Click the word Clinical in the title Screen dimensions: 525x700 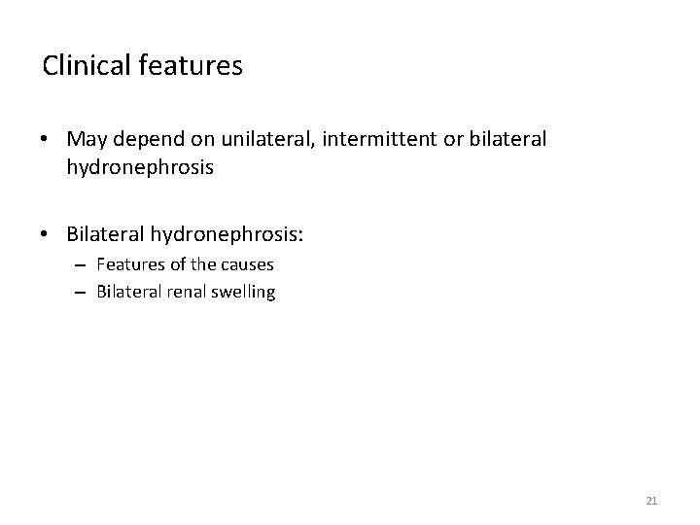pyautogui.click(x=84, y=66)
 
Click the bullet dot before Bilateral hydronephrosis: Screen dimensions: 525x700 pyautogui.click(x=47, y=234)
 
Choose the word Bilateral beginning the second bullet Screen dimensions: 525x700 pyautogui.click(x=103, y=233)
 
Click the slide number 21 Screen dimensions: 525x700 pyautogui.click(x=651, y=501)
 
